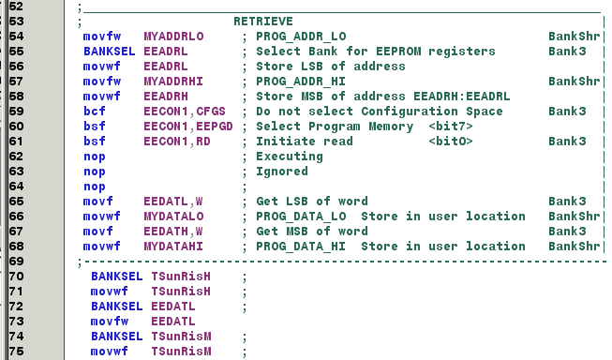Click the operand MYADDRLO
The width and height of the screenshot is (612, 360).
(x=174, y=36)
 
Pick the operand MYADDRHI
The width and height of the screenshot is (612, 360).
(x=174, y=81)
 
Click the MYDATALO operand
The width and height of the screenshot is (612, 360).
(x=174, y=216)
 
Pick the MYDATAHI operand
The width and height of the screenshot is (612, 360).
(x=174, y=246)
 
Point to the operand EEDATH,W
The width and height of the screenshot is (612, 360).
(x=174, y=231)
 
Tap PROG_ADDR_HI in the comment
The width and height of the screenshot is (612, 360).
(x=302, y=81)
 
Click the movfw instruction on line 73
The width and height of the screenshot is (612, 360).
(x=110, y=321)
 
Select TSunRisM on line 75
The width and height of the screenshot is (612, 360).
(x=182, y=351)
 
